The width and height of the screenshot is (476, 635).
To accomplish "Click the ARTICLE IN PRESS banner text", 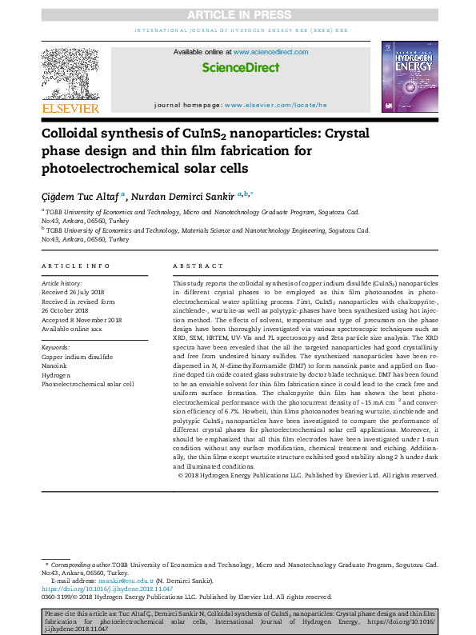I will click(238, 14).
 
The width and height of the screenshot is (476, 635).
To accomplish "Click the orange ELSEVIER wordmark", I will click(70, 108).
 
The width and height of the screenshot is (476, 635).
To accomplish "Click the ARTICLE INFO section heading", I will click(76, 266).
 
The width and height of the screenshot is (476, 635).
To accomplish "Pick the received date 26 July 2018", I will click(82, 290).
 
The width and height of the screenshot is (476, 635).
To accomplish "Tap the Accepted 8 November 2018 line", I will click(82, 320).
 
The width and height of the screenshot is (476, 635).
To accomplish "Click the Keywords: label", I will click(57, 348).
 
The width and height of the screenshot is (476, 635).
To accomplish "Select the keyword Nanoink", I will click(55, 365).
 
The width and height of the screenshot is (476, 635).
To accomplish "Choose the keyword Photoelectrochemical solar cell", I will click(88, 384).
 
